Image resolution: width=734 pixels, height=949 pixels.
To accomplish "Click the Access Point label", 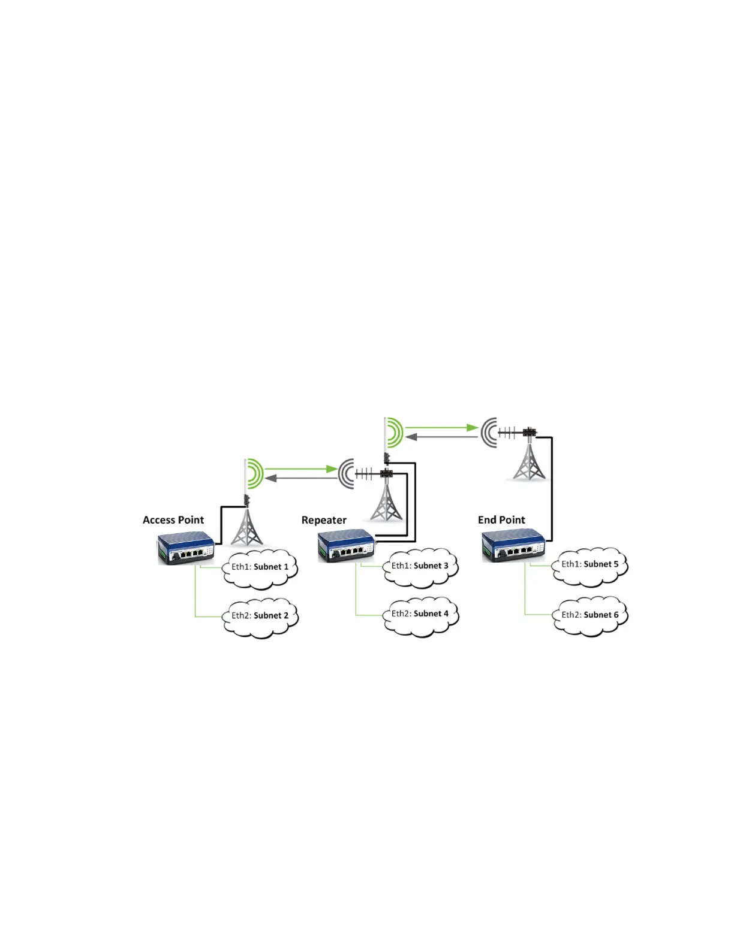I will click(173, 520).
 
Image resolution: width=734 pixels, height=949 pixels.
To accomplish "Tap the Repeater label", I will click(324, 520).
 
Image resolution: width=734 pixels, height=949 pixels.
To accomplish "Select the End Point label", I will click(501, 520).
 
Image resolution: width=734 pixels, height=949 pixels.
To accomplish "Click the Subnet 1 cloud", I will click(260, 568).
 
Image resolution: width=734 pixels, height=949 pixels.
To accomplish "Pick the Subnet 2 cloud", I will click(260, 617).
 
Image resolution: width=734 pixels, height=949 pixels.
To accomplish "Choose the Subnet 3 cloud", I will click(420, 567).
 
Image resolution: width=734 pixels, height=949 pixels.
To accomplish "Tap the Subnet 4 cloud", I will click(420, 615).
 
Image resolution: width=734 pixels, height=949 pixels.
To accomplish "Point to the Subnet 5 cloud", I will click(590, 566).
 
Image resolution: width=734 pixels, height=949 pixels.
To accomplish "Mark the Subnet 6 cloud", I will click(590, 616).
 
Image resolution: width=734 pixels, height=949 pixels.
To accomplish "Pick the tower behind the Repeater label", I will click(386, 501).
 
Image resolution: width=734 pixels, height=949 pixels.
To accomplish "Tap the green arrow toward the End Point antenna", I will click(442, 428).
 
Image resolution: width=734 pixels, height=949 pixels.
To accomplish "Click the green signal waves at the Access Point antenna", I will click(255, 472).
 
